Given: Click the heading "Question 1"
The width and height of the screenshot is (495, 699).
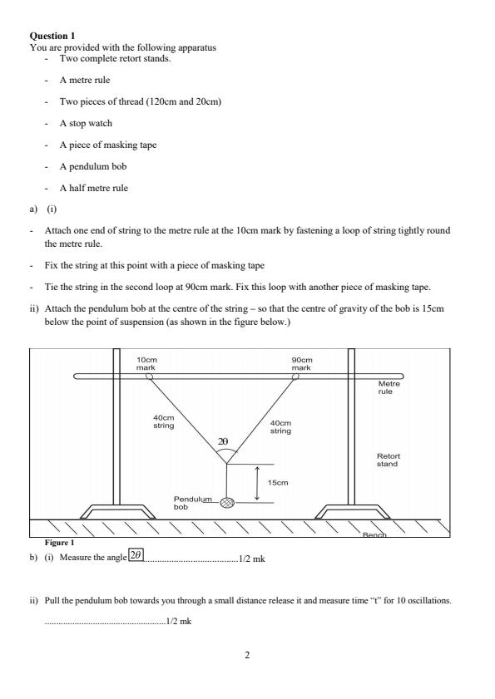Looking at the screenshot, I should tap(52, 37).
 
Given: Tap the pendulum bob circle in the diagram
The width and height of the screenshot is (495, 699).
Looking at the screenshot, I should tap(226, 502).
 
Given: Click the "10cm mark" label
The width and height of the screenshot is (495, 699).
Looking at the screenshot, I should tap(146, 364).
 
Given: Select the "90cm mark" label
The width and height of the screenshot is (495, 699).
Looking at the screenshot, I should tap(300, 364).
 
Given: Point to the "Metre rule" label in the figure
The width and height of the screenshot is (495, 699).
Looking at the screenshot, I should tap(389, 387).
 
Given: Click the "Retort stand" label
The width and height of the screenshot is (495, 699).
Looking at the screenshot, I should tap(388, 460).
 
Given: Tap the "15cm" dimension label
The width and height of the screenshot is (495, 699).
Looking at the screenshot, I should tap(277, 482).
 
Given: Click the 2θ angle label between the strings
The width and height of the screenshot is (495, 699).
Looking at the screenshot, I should tap(223, 442).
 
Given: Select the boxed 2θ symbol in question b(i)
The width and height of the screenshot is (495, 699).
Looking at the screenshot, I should tap(136, 554).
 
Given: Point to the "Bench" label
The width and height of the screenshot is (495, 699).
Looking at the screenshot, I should tap(375, 535).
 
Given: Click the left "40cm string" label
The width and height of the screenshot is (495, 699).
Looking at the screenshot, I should tap(163, 421).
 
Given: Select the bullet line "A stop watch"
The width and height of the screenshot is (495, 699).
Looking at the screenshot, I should tap(85, 123).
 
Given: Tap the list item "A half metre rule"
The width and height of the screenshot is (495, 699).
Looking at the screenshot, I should tap(92, 188).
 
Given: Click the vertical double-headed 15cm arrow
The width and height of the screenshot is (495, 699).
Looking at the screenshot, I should tap(257, 483).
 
